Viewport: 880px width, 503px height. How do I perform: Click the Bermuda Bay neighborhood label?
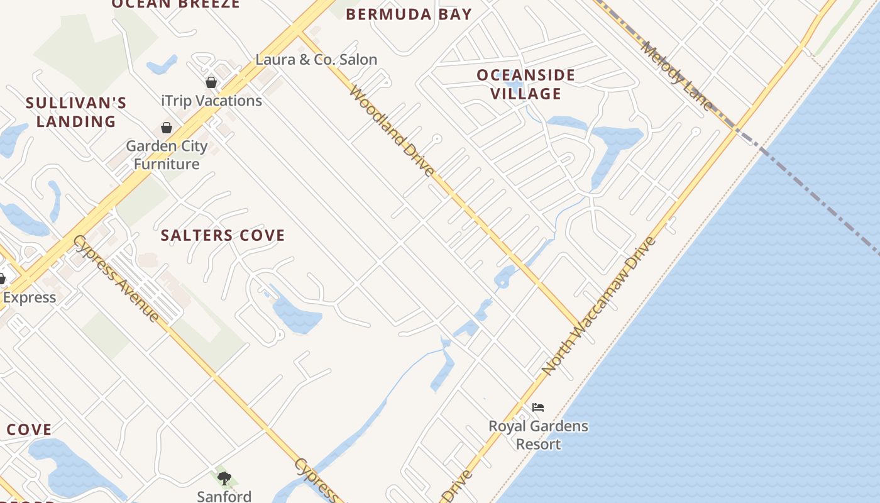click(409, 14)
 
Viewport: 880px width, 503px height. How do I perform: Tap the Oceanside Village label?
click(526, 84)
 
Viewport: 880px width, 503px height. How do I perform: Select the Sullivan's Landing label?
click(76, 112)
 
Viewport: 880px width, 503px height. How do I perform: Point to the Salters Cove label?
click(223, 236)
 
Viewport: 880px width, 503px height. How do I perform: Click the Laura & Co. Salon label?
click(316, 60)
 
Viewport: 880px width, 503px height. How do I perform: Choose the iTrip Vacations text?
click(211, 101)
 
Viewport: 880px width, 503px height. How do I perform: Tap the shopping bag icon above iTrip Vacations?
click(211, 82)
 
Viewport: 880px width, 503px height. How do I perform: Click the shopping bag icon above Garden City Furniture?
click(167, 128)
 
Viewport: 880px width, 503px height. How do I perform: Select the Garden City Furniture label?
click(167, 155)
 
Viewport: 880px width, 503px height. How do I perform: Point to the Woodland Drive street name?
click(391, 131)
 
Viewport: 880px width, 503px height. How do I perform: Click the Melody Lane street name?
click(677, 75)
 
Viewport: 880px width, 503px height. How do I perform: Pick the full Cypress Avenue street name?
click(116, 278)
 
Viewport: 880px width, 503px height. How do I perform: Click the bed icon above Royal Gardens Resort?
click(537, 407)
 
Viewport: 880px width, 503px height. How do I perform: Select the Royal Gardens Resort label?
click(538, 435)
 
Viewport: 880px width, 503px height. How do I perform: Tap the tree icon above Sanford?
click(224, 478)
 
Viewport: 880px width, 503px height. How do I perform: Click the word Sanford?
click(224, 496)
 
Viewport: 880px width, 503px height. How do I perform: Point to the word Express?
click(30, 297)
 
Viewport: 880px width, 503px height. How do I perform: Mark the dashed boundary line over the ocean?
click(817, 195)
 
